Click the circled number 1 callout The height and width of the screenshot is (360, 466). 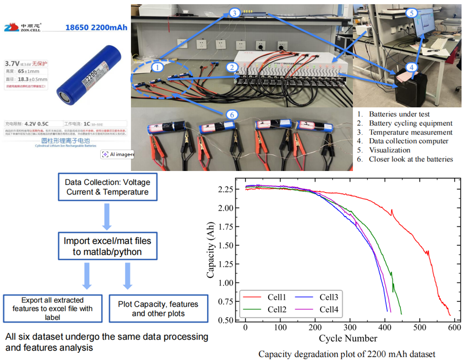(x=158, y=67)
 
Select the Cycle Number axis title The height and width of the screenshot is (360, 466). (x=348, y=338)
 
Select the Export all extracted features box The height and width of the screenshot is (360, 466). (x=53, y=309)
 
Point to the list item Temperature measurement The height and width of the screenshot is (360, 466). (x=403, y=132)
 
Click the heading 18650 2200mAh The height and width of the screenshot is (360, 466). (x=97, y=28)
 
